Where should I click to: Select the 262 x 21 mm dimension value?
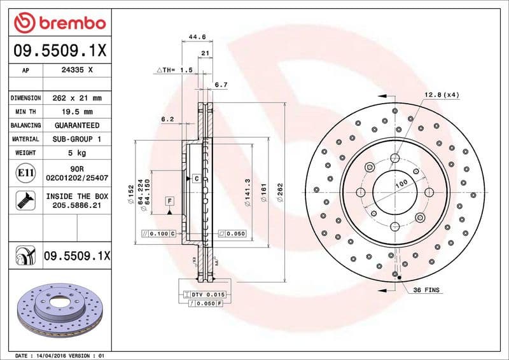(77, 98)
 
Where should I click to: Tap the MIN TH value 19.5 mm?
(77, 111)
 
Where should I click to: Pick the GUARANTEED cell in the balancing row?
(77, 125)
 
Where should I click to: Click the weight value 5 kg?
(77, 153)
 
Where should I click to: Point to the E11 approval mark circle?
(21, 173)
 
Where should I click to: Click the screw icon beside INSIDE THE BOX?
(21, 201)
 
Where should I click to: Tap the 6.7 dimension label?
(221, 84)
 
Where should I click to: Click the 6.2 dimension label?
(167, 119)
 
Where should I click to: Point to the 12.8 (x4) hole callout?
(442, 95)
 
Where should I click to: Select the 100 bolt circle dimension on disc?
(401, 183)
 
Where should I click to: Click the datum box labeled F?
(169, 201)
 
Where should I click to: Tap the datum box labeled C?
(197, 179)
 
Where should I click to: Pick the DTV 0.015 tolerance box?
(204, 294)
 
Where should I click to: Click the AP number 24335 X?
(77, 71)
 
